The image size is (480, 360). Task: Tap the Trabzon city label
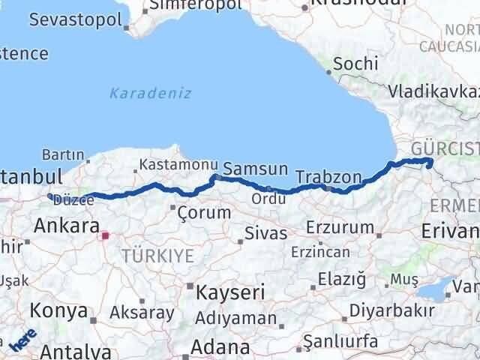click(328, 178)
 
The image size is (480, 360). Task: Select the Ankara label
click(67, 226)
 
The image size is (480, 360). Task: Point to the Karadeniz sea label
click(150, 94)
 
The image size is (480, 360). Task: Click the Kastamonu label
click(172, 163)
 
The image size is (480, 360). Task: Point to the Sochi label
click(355, 64)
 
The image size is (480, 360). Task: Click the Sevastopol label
click(75, 19)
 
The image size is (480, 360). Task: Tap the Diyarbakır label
click(403, 310)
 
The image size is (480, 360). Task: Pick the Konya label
click(58, 310)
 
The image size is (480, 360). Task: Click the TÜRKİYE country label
click(157, 256)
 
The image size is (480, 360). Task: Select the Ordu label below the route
click(268, 199)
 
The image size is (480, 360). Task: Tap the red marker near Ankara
click(105, 235)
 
